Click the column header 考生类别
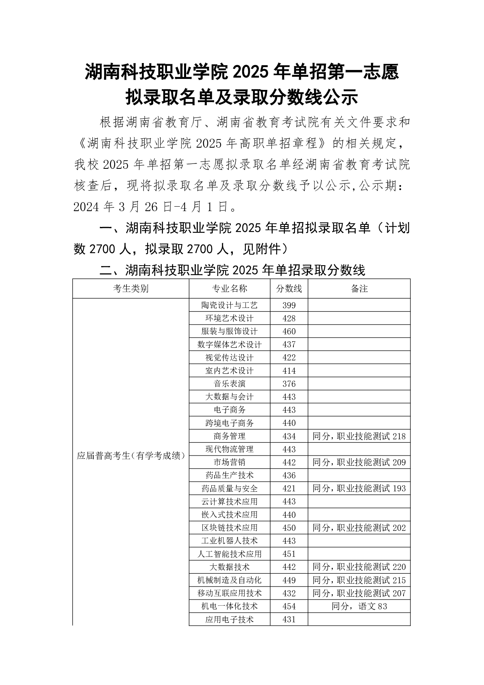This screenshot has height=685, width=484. pyautogui.click(x=130, y=289)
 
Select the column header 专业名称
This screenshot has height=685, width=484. pyautogui.click(x=229, y=289)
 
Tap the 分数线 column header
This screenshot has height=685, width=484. pyautogui.click(x=289, y=289)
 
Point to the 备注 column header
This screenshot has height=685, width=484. pyautogui.click(x=359, y=289)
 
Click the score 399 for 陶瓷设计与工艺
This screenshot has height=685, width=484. pyautogui.click(x=289, y=305)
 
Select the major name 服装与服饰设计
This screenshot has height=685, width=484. pyautogui.click(x=229, y=332)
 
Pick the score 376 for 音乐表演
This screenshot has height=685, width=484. pyautogui.click(x=289, y=384)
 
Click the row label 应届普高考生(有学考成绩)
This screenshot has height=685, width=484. pyautogui.click(x=131, y=456)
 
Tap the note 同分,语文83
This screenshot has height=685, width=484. pyautogui.click(x=359, y=606)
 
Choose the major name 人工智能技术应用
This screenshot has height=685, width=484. pyautogui.click(x=229, y=554)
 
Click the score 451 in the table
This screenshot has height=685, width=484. pyautogui.click(x=289, y=554)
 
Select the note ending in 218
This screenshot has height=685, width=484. pyautogui.click(x=359, y=436)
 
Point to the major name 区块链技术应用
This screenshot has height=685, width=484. pyautogui.click(x=229, y=528)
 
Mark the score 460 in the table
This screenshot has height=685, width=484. pyautogui.click(x=289, y=332)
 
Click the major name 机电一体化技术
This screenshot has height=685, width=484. pyautogui.click(x=229, y=606)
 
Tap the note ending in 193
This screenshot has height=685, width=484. pyautogui.click(x=359, y=489)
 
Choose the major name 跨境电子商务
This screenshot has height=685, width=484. pyautogui.click(x=229, y=423)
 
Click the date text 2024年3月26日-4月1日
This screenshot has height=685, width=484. pyautogui.click(x=154, y=207)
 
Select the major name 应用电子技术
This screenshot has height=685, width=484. pyautogui.click(x=229, y=620)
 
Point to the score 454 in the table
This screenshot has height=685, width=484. pyautogui.click(x=289, y=606)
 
